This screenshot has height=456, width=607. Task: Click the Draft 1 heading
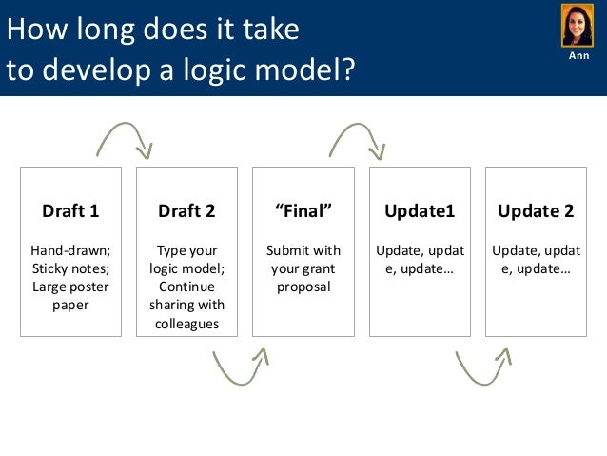click(70, 211)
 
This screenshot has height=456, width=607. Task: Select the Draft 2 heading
click(186, 211)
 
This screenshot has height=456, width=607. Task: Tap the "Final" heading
click(303, 211)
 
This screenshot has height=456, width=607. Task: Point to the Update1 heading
click(420, 211)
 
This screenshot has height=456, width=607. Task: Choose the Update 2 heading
click(536, 211)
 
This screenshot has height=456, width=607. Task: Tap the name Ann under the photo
click(578, 56)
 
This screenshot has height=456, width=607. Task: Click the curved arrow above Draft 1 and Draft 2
click(124, 138)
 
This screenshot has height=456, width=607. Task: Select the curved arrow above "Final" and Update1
click(356, 138)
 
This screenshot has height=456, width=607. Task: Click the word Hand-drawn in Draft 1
click(70, 250)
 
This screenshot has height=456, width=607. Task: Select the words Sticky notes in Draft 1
click(69, 268)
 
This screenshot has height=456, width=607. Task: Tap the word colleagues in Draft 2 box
click(186, 324)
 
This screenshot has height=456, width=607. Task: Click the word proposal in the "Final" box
click(303, 287)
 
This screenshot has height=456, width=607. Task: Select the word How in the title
click(29, 30)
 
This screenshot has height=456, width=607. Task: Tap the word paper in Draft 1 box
click(70, 306)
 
